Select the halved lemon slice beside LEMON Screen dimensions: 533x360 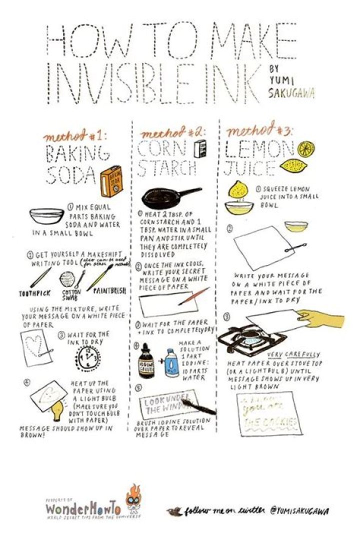click(306, 148)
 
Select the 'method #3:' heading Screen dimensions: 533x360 click(259, 131)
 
